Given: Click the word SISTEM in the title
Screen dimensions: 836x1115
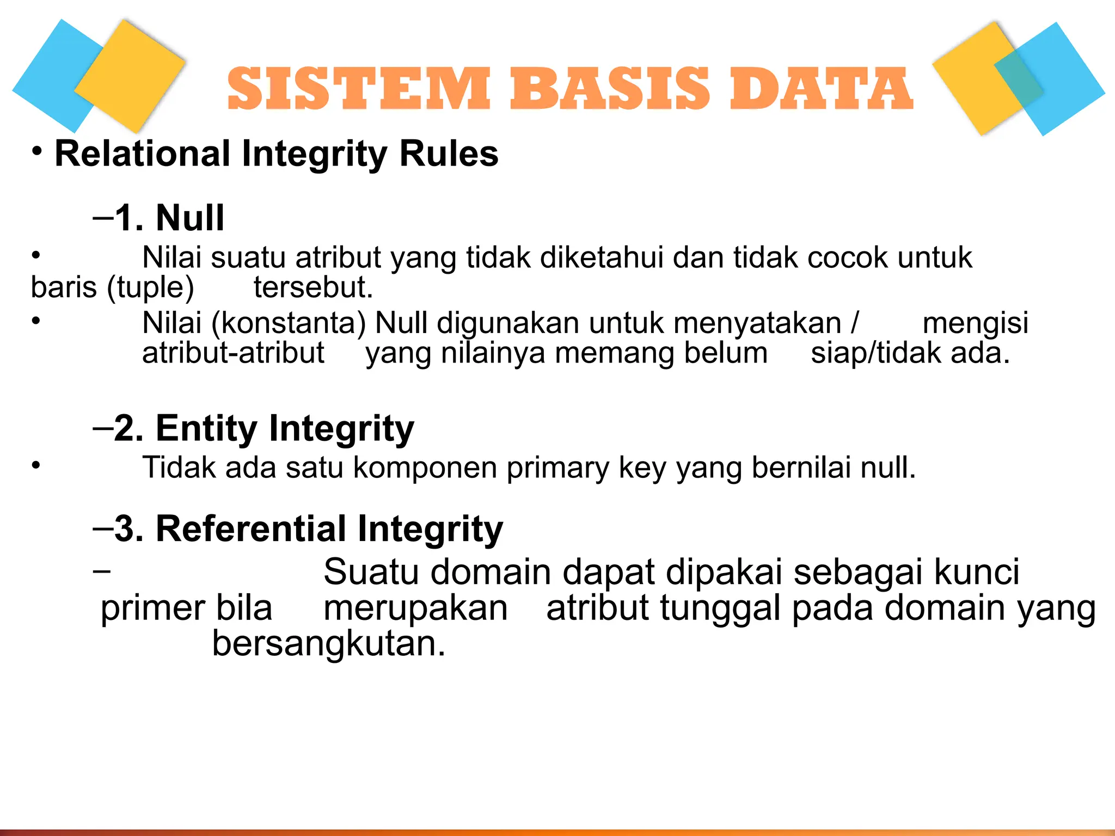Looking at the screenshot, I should tap(358, 88).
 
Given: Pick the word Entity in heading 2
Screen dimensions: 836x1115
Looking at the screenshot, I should tap(206, 428).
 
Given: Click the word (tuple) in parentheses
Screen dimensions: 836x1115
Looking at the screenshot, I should tap(150, 288).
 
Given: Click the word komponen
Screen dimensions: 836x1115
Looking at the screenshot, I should tap(425, 468).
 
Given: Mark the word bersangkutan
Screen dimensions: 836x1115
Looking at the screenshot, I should tap(329, 644).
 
